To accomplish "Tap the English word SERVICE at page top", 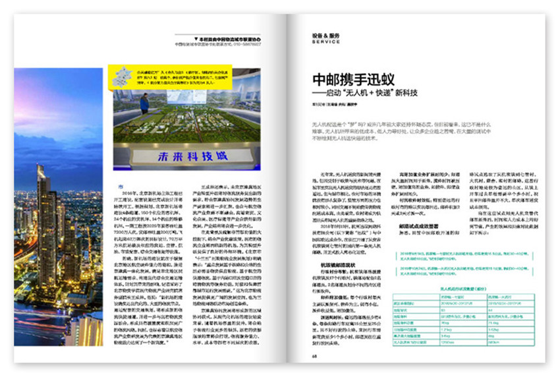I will [x=326, y=42].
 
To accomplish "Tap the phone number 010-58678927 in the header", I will [x=245, y=44].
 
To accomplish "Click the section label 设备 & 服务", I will [x=326, y=36].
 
